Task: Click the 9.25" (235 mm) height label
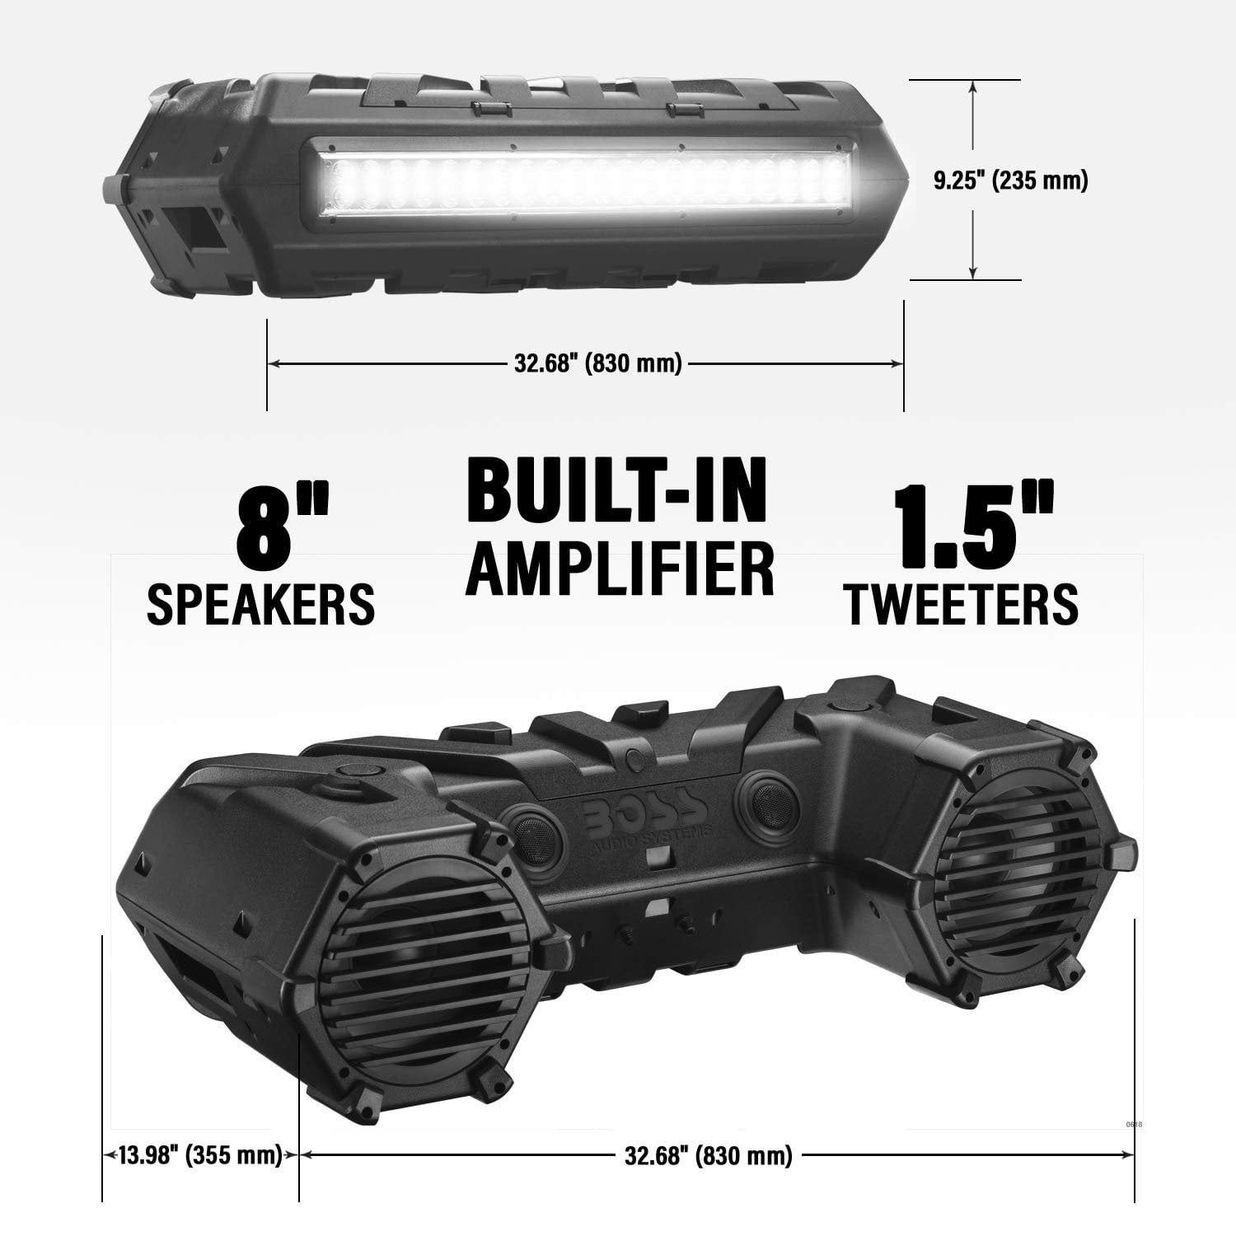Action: (1010, 180)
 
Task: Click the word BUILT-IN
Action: (616, 493)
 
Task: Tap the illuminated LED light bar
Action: (577, 179)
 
